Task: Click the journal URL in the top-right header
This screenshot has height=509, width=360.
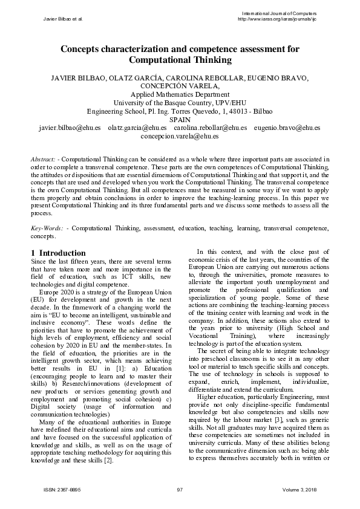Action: pos(278,19)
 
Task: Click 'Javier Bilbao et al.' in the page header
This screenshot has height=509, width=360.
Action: pos(64,19)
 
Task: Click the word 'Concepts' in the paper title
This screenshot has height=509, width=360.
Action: pos(87,50)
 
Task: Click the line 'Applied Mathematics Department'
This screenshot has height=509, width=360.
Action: pos(180,94)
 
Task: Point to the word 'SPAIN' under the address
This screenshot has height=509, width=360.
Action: pos(180,120)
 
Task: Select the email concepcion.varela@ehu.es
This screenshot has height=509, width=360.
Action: pos(180,137)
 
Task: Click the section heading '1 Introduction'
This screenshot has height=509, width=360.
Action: pos(58,253)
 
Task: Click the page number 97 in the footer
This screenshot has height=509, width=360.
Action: pos(180,489)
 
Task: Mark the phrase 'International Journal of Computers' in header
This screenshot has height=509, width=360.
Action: pos(278,13)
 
